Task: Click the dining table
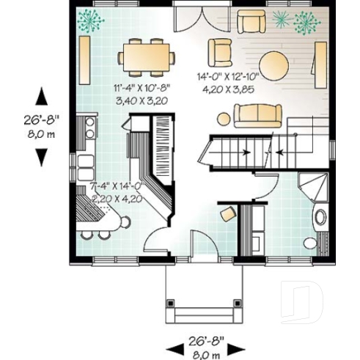pyautogui.click(x=147, y=56)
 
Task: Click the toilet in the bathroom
pyautogui.click(x=310, y=242)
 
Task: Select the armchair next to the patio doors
pyautogui.click(x=219, y=51)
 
